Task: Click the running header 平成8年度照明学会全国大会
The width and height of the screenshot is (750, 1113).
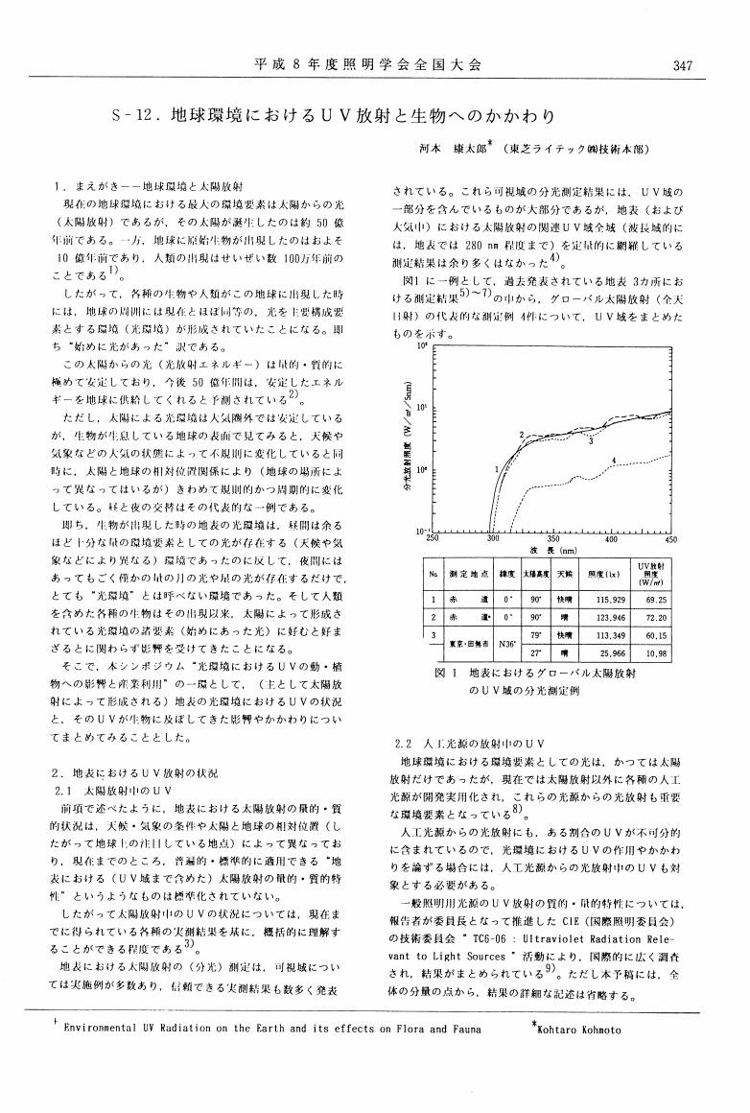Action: click(367, 65)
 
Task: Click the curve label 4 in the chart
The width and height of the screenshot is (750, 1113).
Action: click(613, 462)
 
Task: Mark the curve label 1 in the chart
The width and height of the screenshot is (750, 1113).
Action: click(496, 469)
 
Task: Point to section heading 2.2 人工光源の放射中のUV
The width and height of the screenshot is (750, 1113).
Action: click(471, 744)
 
